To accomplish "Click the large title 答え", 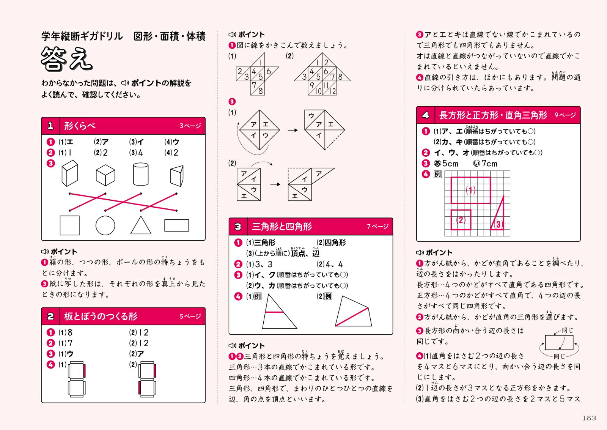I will [66, 59].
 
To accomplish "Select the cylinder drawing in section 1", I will [141, 174].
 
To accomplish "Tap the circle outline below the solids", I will [105, 225].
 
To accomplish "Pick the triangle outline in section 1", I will [141, 226].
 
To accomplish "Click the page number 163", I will [589, 418].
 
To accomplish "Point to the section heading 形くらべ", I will [80, 126].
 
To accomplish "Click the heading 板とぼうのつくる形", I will [101, 316].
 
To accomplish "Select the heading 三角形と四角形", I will [282, 227].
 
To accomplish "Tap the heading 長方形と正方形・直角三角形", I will [493, 115].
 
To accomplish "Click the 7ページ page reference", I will [377, 227].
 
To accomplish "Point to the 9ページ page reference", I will [565, 115].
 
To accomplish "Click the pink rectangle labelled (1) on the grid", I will [470, 190].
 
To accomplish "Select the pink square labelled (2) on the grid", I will [461, 220].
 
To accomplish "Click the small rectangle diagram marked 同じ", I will [559, 342].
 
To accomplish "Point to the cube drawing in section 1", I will [105, 175].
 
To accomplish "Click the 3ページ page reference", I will [190, 126].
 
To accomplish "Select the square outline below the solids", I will [70, 225].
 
